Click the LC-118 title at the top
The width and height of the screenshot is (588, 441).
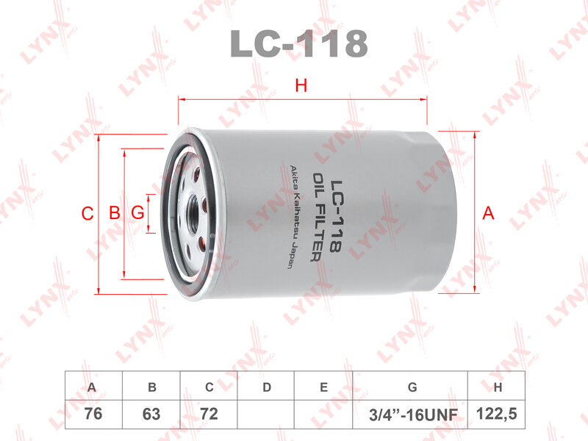point(298,43)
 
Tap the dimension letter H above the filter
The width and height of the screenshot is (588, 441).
point(301,86)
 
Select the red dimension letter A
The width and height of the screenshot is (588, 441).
point(487,214)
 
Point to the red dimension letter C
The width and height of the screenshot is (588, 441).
point(87,214)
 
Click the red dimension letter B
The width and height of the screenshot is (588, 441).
point(114,214)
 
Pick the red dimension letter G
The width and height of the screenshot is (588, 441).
point(137,214)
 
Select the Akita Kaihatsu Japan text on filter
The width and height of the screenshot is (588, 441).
point(291,218)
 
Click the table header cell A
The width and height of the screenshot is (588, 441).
point(92,387)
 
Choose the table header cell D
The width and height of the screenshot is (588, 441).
point(267,387)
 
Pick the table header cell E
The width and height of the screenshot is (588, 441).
point(324,387)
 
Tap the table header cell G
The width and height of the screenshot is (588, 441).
point(412,387)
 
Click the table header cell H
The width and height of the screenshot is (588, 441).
point(498,387)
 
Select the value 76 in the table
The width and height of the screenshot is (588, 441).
point(92,414)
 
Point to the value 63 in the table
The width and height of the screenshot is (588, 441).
point(151,414)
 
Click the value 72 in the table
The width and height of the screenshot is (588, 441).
point(209,414)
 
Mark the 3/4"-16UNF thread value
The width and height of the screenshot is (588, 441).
point(412,415)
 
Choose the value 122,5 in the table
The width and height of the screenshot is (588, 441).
point(498,414)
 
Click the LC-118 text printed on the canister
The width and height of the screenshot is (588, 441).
point(335,218)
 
